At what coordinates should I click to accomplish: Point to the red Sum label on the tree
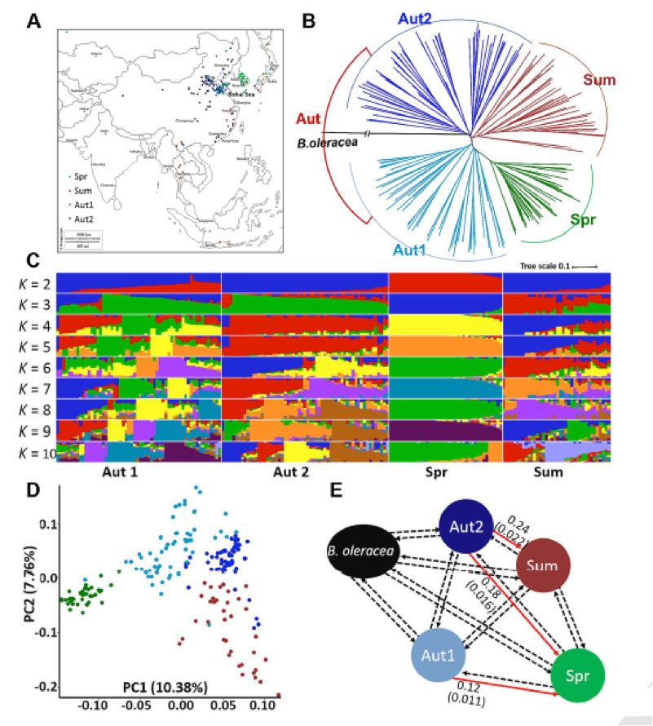pos(598,80)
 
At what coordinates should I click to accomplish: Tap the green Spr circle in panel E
pos(581,675)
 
